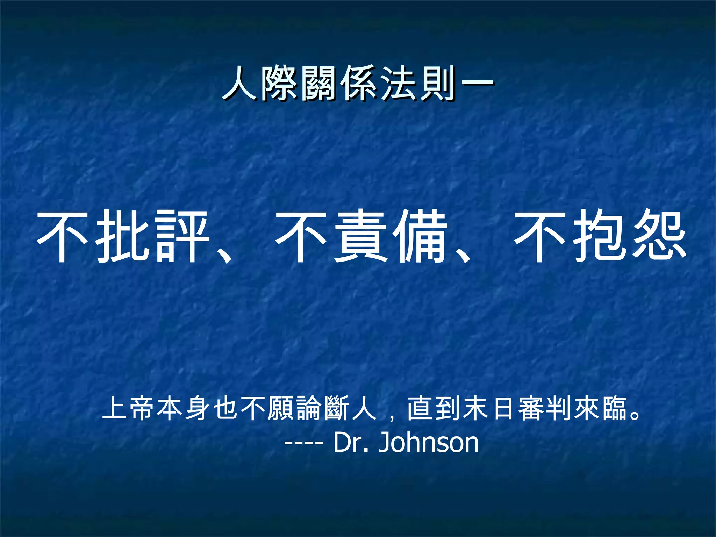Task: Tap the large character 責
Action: pos(360,236)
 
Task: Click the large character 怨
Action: pos(659,236)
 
